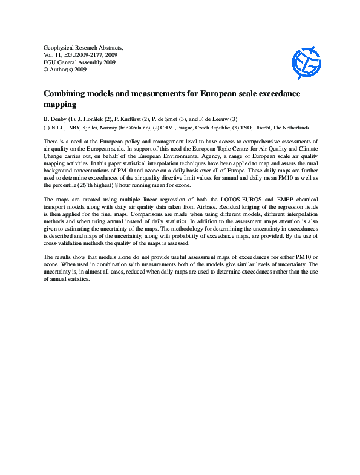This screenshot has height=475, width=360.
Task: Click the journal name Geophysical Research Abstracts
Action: click(83, 47)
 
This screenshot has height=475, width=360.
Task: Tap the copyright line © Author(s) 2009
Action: click(65, 70)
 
